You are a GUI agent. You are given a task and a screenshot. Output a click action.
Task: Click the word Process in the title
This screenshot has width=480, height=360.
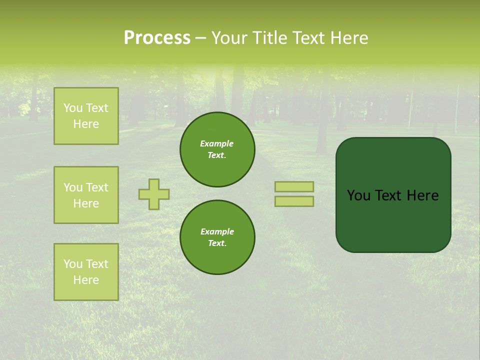click(157, 38)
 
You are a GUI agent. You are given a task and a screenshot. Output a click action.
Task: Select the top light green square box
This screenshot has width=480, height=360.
click(86, 116)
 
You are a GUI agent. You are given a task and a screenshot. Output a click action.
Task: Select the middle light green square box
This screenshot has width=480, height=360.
click(86, 195)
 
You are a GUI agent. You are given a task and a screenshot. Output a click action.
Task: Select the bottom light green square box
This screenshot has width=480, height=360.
click(86, 272)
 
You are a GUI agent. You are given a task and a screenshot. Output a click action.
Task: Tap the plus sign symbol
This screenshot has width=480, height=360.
click(154, 194)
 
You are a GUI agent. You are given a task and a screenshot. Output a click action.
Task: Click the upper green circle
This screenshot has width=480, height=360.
click(217, 149)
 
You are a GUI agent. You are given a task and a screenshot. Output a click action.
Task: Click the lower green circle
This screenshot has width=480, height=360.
click(217, 237)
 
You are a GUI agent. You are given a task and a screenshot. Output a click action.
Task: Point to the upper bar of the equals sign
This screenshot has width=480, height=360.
click(294, 186)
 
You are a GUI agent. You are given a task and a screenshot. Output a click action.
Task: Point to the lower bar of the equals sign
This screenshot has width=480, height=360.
click(294, 201)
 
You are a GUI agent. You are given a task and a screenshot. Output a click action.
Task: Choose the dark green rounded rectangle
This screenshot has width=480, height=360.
click(393, 220)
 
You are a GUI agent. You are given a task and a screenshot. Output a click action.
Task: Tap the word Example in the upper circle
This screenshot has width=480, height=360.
click(216, 143)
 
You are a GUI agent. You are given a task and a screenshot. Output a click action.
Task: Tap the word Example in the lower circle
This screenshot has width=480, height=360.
click(217, 231)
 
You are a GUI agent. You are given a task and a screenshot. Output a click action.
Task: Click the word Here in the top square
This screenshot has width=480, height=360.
click(86, 124)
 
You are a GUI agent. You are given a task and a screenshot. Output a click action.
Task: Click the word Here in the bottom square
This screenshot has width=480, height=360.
click(86, 280)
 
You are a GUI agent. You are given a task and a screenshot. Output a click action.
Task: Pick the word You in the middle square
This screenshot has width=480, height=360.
click(72, 187)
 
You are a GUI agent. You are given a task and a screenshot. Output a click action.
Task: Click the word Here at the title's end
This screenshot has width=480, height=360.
click(349, 38)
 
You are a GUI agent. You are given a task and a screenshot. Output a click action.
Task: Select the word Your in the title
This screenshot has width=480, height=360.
click(229, 38)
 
